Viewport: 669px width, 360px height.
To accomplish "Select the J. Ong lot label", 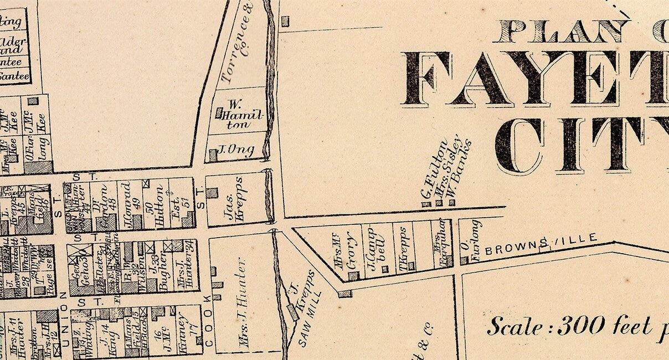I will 228,150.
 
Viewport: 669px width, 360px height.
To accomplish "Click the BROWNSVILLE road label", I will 541,245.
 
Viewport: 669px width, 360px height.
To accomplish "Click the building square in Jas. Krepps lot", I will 212,193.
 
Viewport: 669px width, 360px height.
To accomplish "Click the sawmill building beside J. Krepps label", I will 292,312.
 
